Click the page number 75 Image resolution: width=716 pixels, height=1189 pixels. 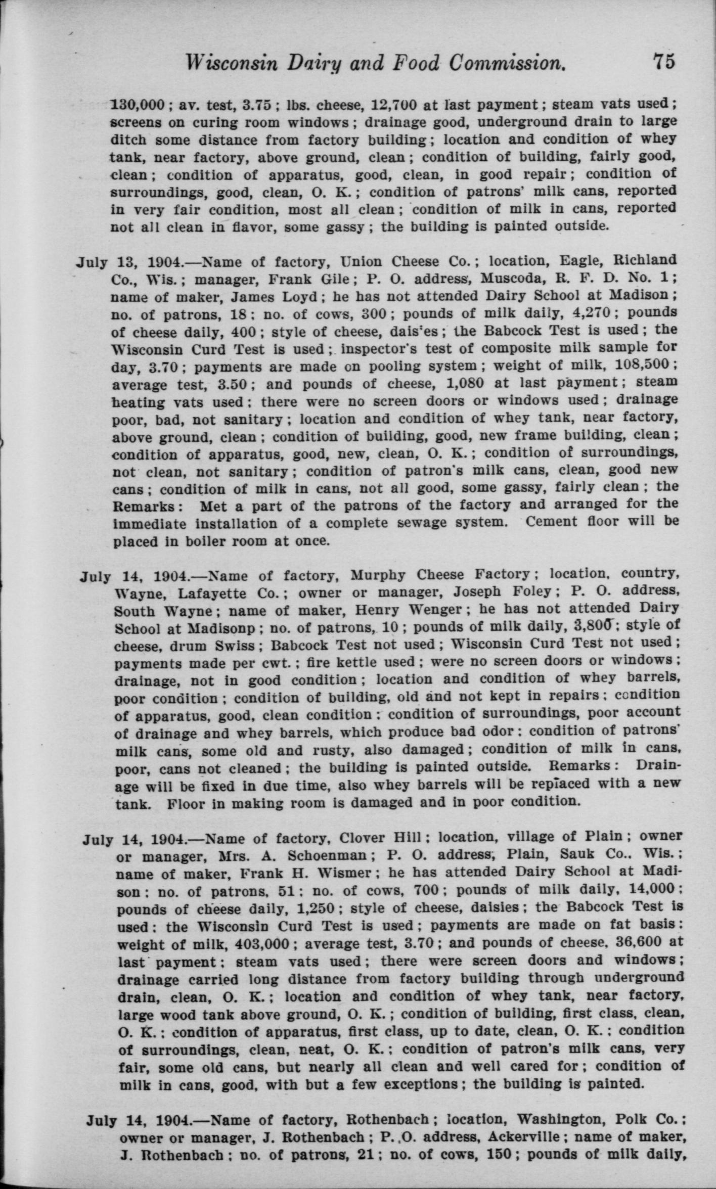(x=663, y=62)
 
